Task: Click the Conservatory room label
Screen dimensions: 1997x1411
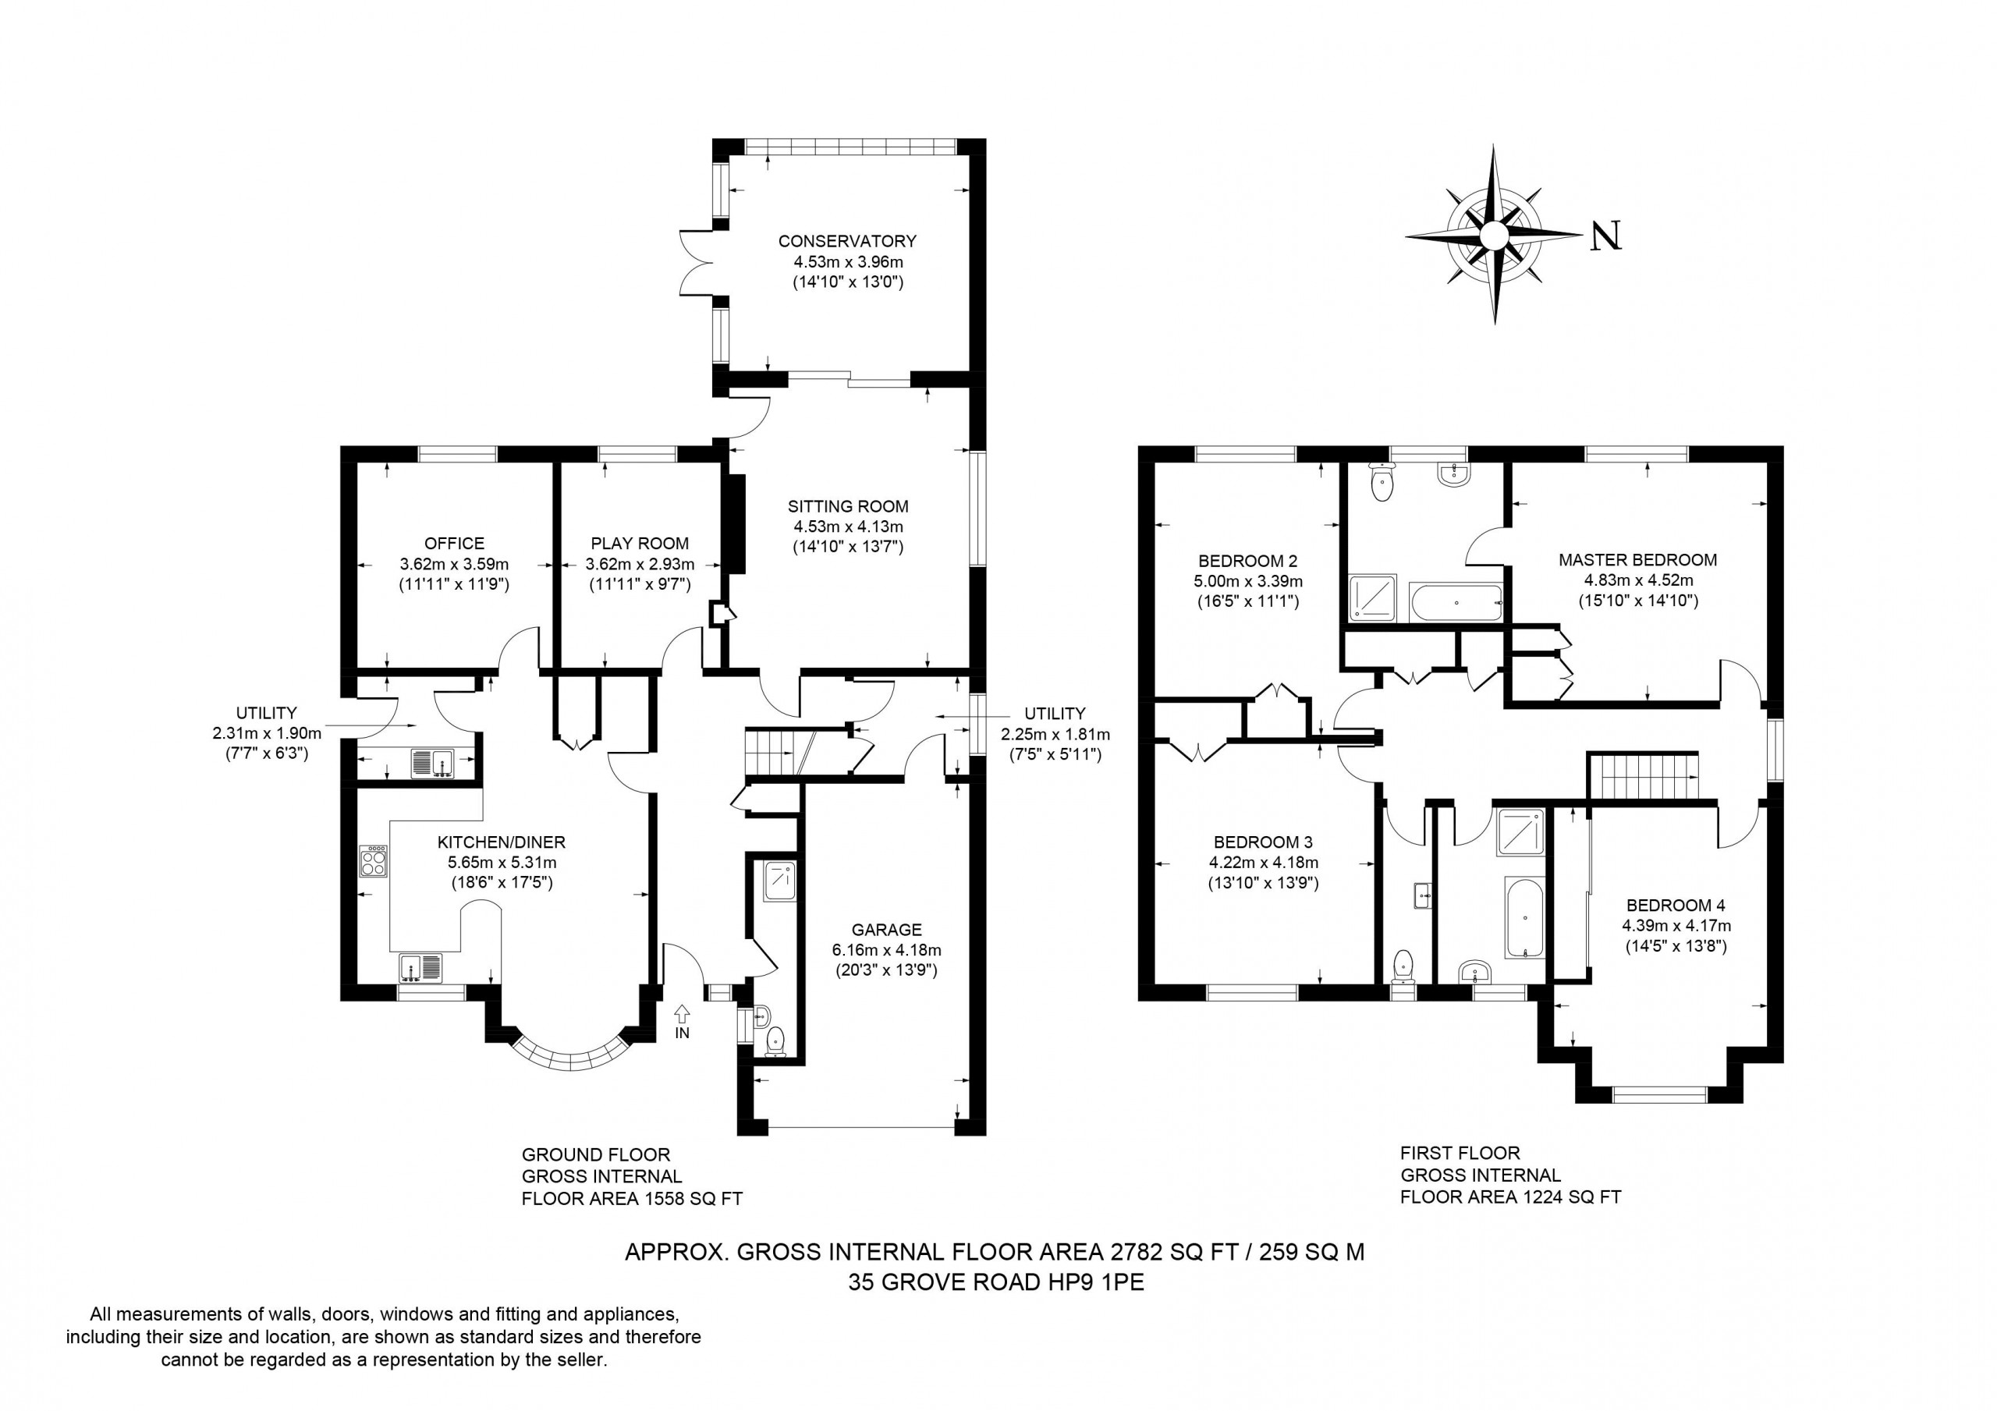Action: [x=847, y=241]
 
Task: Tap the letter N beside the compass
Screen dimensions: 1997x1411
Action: [x=1605, y=235]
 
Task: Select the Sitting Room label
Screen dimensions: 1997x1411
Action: [x=848, y=506]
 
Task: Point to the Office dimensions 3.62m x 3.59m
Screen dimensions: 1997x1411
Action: [x=454, y=564]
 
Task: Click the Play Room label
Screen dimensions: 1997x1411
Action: [x=640, y=544]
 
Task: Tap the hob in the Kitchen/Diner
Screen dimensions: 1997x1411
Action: [x=374, y=860]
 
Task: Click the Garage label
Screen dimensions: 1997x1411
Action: [x=886, y=930]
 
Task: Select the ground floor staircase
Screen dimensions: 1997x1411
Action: [x=778, y=753]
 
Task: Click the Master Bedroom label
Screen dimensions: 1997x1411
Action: [x=1638, y=559]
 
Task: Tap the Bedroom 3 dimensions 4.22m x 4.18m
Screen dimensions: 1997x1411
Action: [x=1263, y=863]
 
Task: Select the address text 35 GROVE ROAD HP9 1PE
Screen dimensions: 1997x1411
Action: [x=997, y=1282]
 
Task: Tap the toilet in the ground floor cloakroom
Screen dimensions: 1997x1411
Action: [x=775, y=1041]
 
